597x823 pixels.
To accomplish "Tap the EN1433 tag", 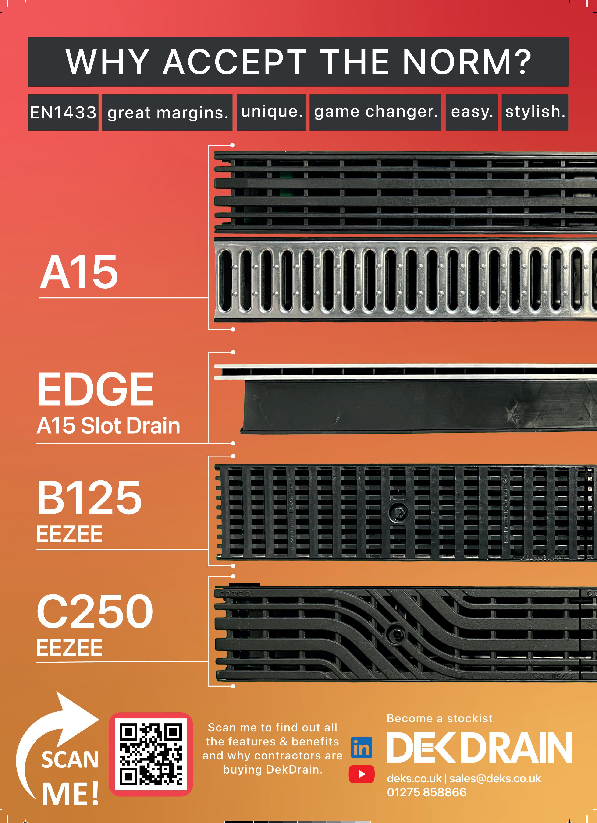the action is (x=63, y=113).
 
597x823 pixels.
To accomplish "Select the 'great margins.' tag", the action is (x=167, y=113).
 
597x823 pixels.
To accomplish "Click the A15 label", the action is (x=79, y=272).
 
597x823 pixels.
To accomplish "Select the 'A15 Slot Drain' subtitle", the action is (x=108, y=426).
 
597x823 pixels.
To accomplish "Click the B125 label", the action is (x=89, y=498).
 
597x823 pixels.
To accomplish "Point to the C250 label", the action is (x=95, y=611).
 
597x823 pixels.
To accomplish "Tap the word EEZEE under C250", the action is (x=69, y=648).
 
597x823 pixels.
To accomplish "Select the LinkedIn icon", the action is (x=362, y=748).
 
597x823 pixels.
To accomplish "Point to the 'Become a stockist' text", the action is (x=440, y=718).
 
